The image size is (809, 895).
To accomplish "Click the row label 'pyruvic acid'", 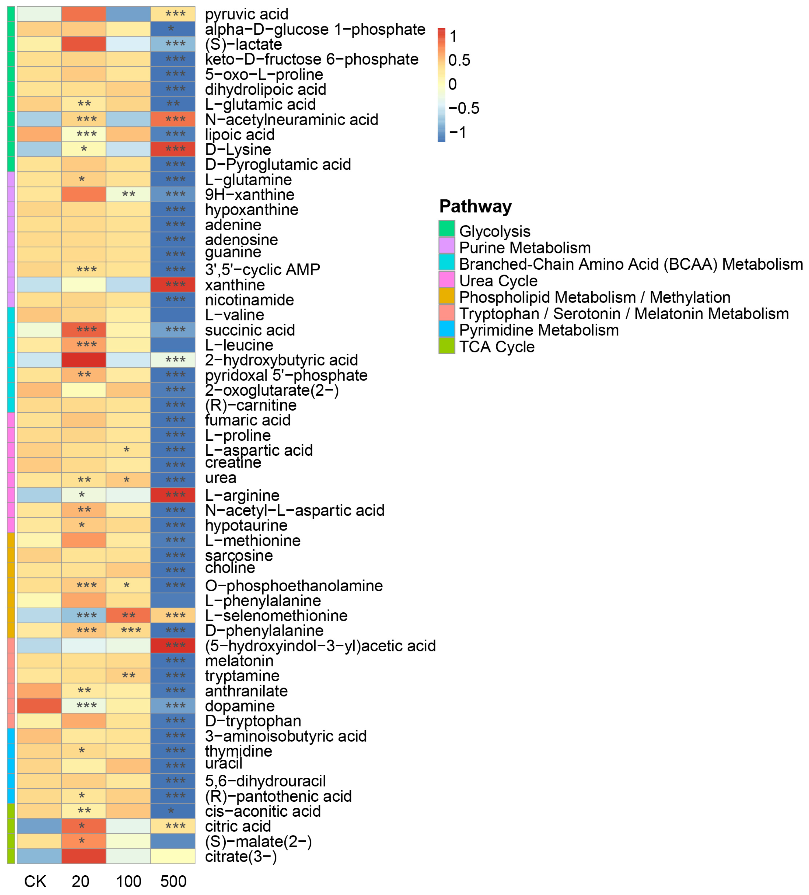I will coord(247,14).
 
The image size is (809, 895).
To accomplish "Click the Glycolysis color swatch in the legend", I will coord(447,229).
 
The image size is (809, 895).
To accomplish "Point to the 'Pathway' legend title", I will coord(475,206).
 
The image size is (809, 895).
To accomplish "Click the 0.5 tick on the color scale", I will coord(459,60).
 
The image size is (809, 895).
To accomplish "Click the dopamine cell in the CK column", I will coord(39,705).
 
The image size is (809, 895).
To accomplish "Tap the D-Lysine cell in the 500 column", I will coord(173,149).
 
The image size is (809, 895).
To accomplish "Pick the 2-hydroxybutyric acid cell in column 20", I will coord(84,360).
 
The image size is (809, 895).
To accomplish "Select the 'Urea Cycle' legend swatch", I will coord(447,280).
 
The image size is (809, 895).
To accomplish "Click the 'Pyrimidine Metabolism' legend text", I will coord(538,330).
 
